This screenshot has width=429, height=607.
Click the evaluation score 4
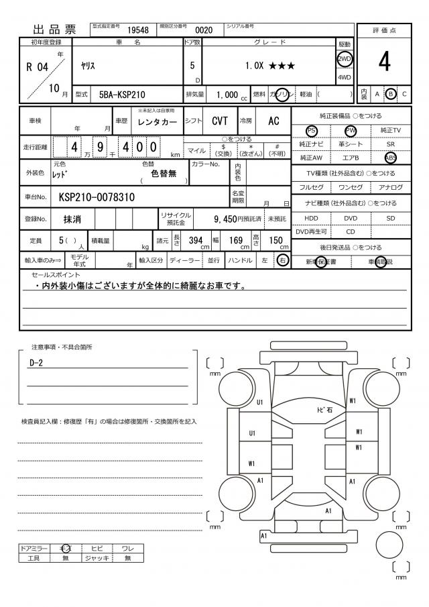pos(384,62)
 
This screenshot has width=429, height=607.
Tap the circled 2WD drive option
pos(345,58)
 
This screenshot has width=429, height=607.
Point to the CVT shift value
pos(219,121)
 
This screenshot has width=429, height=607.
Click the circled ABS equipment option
pos(391,158)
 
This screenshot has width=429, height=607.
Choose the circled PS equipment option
pos(312,130)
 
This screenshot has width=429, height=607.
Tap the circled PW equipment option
pos(351,130)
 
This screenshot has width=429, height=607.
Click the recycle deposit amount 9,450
pos(225,219)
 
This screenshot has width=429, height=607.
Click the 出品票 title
pos(56,30)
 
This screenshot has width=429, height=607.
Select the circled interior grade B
pos(391,94)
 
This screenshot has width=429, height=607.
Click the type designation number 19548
pos(138,30)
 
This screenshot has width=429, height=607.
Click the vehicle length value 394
pos(196,241)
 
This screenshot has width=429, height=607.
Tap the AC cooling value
pos(273,121)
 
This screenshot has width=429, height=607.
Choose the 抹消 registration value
pos(72,219)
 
